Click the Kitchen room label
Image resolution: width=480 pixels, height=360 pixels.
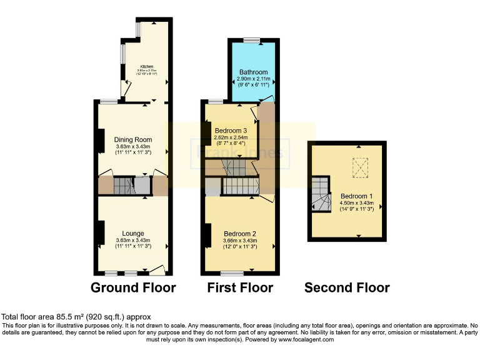tap(147, 67)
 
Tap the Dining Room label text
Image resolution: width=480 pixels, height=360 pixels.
tap(133, 139)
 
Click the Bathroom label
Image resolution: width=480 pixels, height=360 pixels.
tap(253, 72)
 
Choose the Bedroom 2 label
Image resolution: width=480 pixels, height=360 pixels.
tap(239, 233)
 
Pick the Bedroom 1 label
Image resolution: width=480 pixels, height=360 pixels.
tap(356, 195)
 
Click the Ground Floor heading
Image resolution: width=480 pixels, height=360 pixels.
tap(133, 288)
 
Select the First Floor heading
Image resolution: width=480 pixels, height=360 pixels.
tap(241, 288)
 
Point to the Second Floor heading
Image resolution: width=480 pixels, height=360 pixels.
tap(347, 288)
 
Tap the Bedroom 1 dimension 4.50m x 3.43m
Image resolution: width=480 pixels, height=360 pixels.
tap(356, 202)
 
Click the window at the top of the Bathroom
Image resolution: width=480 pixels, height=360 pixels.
tap(252, 41)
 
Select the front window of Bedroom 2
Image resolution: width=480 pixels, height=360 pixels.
tap(232, 272)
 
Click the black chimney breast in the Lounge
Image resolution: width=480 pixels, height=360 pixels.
tap(100, 232)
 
